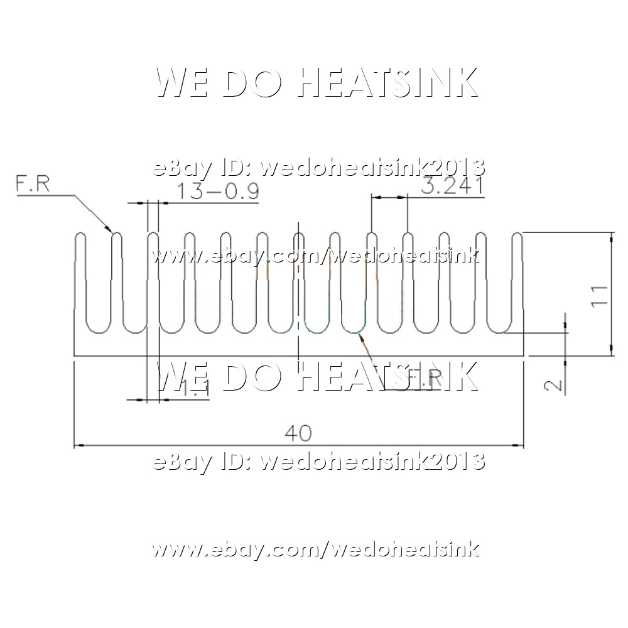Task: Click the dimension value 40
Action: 298,433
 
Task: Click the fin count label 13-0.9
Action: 217,191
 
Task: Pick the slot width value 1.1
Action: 196,390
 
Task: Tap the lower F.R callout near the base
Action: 425,379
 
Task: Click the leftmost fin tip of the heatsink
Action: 80,237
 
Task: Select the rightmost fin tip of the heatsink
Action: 517,237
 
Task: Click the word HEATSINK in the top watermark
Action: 387,83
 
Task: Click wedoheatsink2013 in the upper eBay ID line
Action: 372,168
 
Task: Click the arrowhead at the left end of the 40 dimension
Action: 78,446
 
